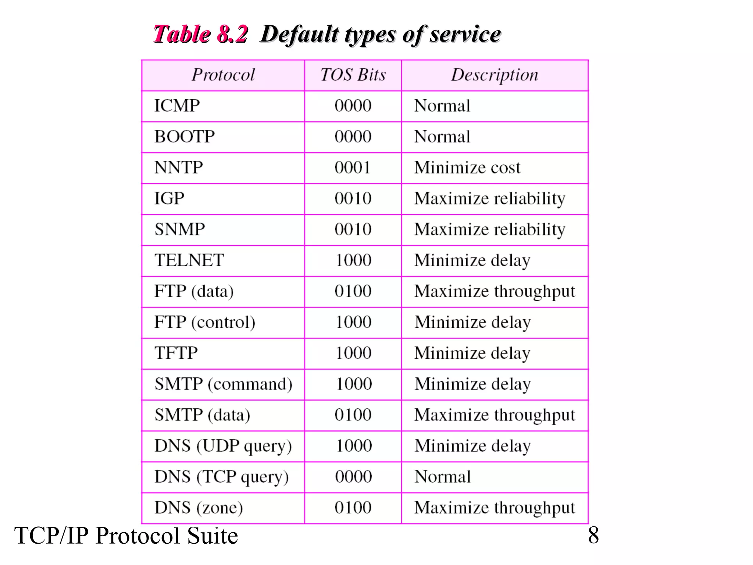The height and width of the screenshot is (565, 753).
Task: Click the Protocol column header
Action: [x=223, y=75]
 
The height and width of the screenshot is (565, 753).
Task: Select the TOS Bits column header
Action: [x=353, y=75]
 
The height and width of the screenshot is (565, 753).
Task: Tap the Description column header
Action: [x=495, y=75]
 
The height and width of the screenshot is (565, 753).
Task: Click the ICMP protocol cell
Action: [x=177, y=106]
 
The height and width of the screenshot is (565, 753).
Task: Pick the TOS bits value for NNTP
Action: [x=353, y=168]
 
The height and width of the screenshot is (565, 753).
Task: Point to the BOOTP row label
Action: [x=185, y=137]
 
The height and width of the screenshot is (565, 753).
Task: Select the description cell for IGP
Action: [x=489, y=199]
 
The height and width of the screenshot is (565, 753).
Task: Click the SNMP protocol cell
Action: [x=179, y=230]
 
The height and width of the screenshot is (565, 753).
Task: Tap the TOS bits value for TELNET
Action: [x=353, y=260]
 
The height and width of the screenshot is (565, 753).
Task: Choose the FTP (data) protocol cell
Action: [x=194, y=291]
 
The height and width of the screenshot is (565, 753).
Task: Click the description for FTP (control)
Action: [x=472, y=322]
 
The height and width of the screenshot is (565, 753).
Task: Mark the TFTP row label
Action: [x=176, y=353]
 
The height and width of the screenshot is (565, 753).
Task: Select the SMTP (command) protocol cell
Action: [x=223, y=384]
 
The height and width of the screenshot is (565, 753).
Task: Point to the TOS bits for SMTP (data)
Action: [x=353, y=415]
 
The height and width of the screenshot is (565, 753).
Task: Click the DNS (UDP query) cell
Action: [x=223, y=446]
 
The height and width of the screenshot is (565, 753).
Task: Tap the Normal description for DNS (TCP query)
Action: [x=443, y=477]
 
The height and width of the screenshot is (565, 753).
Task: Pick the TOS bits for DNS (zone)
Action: [x=353, y=508]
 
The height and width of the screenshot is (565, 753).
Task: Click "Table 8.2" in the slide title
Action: [x=200, y=34]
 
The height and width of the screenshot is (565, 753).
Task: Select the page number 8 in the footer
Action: [x=593, y=535]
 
